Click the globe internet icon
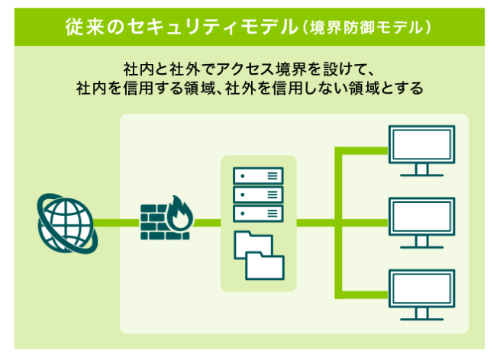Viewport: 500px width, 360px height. (x=67, y=223)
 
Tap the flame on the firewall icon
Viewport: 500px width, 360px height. (x=180, y=213)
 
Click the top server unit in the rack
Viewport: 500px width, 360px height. (x=258, y=176)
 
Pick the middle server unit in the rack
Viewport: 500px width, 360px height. (x=258, y=194)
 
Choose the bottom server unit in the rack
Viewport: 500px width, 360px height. (x=258, y=214)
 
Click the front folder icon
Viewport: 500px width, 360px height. (x=265, y=266)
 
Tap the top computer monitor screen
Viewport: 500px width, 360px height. (x=421, y=145)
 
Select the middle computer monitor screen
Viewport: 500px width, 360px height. (x=421, y=217)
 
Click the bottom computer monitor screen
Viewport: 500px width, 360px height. (x=421, y=288)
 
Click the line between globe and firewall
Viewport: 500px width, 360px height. (x=117, y=223)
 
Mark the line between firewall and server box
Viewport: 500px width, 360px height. (x=207, y=223)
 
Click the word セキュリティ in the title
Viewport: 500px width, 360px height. (x=182, y=27)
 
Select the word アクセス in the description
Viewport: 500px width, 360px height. (x=245, y=69)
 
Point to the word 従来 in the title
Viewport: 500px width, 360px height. (x=85, y=27)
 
